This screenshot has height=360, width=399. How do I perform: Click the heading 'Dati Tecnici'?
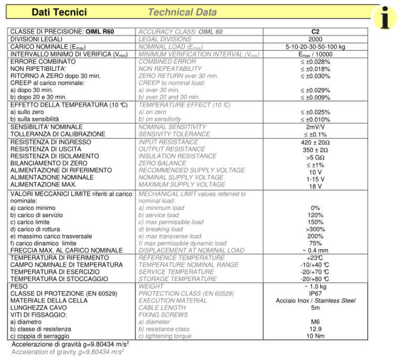[x=59, y=12]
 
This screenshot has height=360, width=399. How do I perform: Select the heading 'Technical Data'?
[x=182, y=12]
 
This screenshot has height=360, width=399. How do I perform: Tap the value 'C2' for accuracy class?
[x=315, y=32]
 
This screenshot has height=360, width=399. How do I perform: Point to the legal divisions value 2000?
[x=315, y=39]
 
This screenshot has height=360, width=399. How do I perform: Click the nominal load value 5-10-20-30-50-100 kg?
[x=315, y=47]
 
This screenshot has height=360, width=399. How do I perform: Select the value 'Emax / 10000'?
[x=315, y=54]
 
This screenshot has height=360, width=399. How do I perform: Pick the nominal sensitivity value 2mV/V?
[x=315, y=127]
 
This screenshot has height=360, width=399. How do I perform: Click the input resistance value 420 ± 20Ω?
[x=315, y=142]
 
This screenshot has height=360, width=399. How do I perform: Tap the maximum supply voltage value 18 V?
[x=315, y=186]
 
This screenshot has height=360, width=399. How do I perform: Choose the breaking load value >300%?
[x=315, y=229]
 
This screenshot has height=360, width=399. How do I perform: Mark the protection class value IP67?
[x=315, y=293]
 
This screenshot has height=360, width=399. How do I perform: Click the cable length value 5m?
[x=315, y=308]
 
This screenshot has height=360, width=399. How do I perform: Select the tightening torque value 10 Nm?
[x=315, y=336]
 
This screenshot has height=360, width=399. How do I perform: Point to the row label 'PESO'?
[x=19, y=287]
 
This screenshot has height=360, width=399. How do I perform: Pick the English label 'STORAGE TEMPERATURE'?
[x=177, y=279]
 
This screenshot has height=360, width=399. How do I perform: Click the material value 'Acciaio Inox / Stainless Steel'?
[x=315, y=301]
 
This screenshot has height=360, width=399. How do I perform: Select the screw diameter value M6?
[x=315, y=322]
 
